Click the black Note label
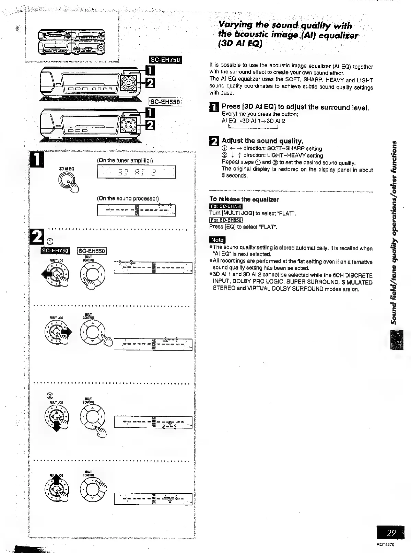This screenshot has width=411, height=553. [x=217, y=240]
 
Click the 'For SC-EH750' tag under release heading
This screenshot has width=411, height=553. [x=226, y=206]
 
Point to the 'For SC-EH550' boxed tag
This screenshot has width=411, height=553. [x=226, y=220]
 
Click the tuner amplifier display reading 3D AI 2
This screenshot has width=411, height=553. [x=137, y=172]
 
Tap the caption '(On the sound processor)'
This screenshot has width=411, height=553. [x=128, y=198]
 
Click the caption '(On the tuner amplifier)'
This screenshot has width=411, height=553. [x=125, y=160]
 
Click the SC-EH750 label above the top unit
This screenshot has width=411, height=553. [x=166, y=60]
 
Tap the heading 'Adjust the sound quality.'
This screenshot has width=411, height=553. [x=262, y=141]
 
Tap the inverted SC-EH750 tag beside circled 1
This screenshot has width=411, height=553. [x=56, y=251]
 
